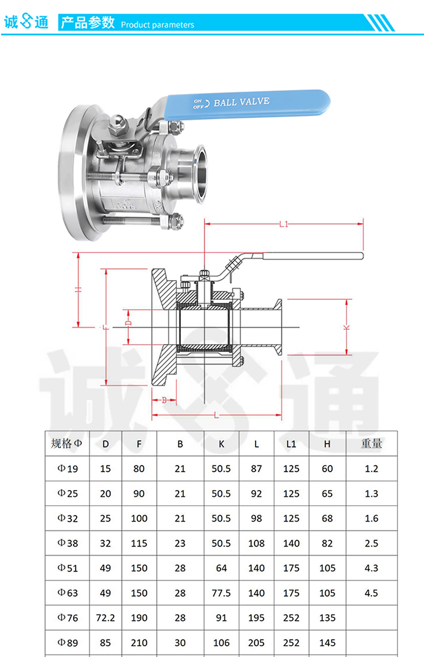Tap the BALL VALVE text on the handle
tap(241, 102)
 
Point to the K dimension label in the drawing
tap(347, 328)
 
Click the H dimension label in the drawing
tap(78, 289)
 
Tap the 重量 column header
tap(371, 444)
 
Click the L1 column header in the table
tap(291, 444)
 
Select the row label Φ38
tap(67, 543)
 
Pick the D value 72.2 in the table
tap(105, 618)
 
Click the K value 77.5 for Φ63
tap(221, 593)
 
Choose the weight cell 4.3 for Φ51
tap(371, 568)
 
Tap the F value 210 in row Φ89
tap(139, 643)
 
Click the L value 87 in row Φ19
tap(256, 469)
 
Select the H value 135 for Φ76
tap(327, 618)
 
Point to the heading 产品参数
tap(88, 23)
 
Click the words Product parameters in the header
tap(157, 25)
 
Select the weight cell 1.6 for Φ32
tap(371, 518)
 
